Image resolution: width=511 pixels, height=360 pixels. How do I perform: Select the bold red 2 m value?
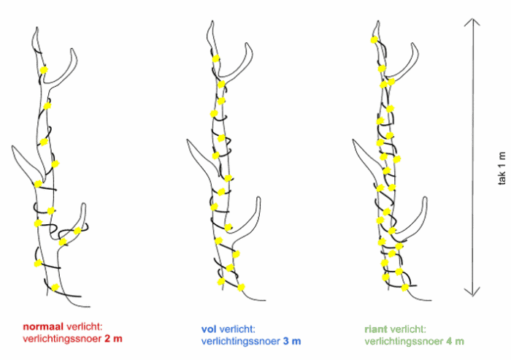point(111,340)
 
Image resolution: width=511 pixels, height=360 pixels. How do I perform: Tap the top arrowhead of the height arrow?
point(474,22)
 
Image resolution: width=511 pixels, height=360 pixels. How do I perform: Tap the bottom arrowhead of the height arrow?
point(474,294)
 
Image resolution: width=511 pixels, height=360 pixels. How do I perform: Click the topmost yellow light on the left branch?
point(43,70)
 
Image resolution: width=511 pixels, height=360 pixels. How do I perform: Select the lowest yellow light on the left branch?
point(55,286)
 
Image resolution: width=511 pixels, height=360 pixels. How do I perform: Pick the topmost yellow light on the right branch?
point(374,40)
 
